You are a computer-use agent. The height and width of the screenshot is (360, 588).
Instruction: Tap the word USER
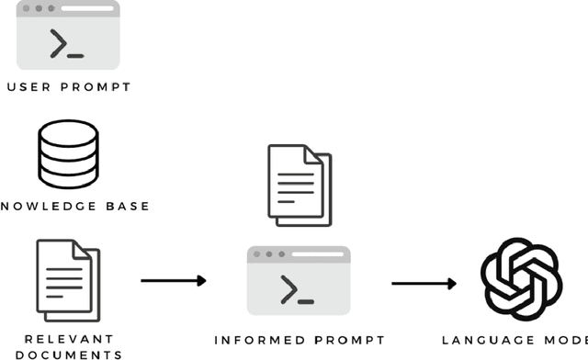[x=32, y=87]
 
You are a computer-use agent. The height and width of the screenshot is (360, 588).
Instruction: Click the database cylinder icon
[x=68, y=153]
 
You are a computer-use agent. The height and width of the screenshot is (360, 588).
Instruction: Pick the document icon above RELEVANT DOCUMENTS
[x=68, y=279]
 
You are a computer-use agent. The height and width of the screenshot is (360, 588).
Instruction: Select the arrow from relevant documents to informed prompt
[x=174, y=280]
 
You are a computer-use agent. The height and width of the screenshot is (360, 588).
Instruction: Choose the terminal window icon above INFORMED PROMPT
[x=299, y=281]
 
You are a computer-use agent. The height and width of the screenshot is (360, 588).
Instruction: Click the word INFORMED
[x=258, y=340]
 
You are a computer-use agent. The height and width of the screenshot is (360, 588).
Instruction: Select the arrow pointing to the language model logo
[x=424, y=283]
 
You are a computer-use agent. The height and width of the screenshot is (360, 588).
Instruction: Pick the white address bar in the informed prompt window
[x=318, y=253]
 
